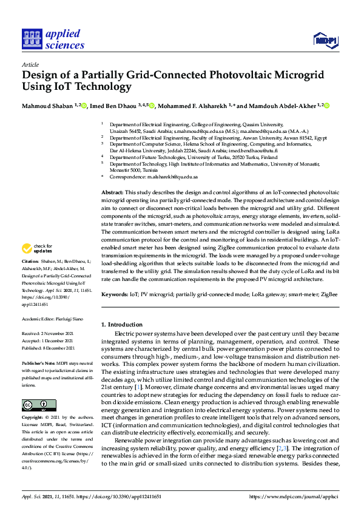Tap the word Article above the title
click(30, 64)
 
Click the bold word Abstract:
click(113, 192)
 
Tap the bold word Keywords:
click(115, 294)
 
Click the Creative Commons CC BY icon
click(39, 405)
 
